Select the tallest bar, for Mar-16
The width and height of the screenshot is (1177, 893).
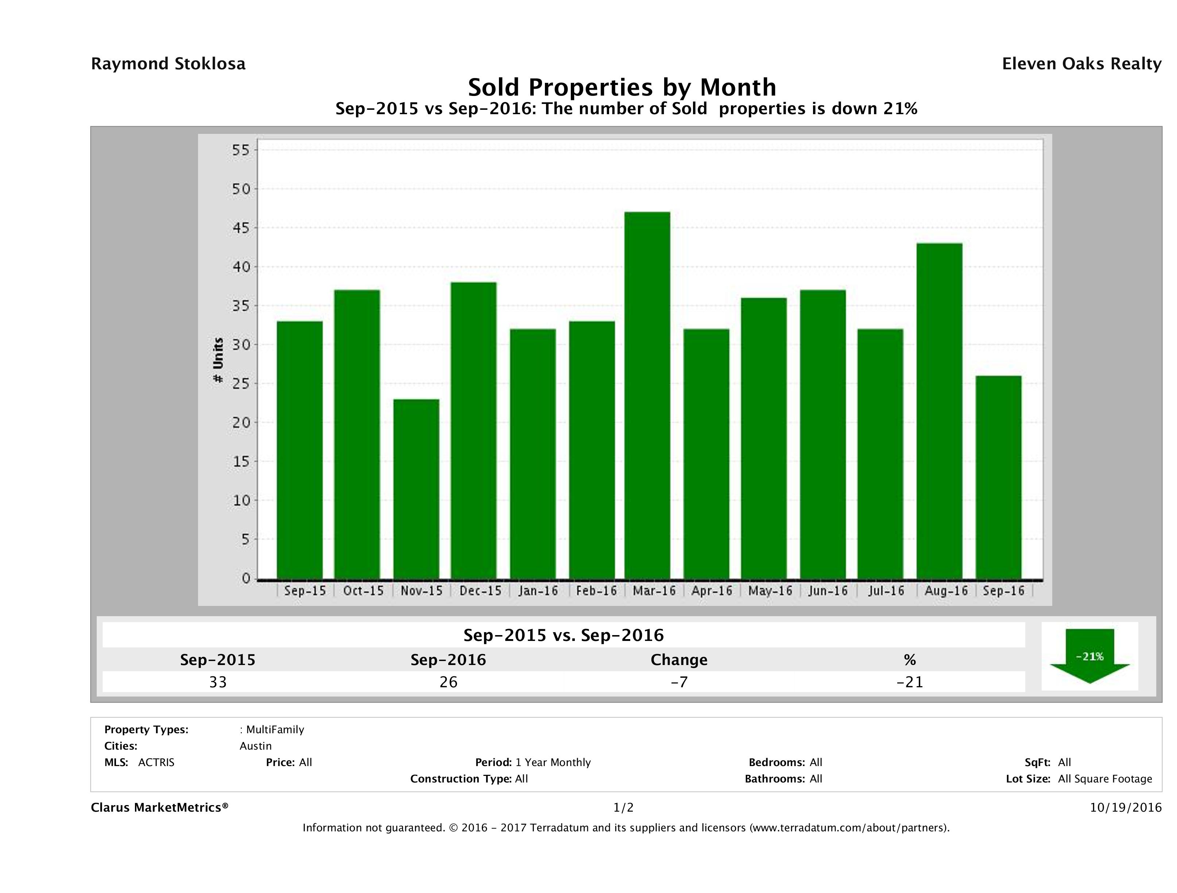[647, 395]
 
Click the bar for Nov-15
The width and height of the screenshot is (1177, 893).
[416, 488]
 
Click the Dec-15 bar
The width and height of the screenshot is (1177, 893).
[473, 430]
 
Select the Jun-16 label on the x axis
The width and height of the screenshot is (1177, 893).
[828, 591]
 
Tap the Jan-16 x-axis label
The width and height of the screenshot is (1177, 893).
[538, 591]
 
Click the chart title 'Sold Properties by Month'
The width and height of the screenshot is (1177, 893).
[622, 87]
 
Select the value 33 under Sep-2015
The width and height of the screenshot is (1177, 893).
[218, 682]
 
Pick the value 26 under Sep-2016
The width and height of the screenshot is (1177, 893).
[448, 682]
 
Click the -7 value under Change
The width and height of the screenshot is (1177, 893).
[679, 682]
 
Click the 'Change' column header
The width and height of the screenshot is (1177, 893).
[679, 660]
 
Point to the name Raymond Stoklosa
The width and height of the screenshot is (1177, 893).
[168, 64]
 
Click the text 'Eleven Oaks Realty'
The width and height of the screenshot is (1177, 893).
[1081, 64]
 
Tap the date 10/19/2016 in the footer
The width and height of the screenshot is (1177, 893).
[1125, 807]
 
